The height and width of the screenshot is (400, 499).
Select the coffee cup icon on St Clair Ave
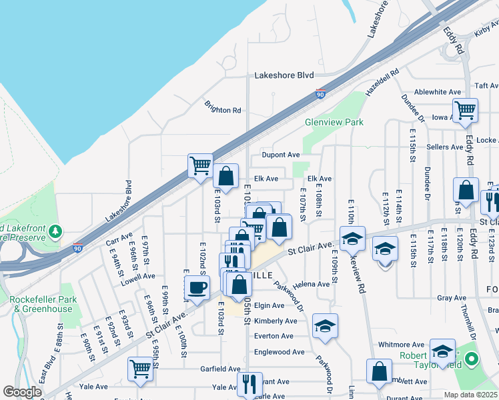click(197, 288)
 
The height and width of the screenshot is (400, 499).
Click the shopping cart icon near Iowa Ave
click(465, 110)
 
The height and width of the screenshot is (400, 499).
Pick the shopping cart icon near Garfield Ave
click(140, 369)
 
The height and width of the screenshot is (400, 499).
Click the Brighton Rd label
click(223, 110)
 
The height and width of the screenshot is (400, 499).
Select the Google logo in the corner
click(22, 392)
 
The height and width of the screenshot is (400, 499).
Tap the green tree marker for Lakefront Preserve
click(57, 231)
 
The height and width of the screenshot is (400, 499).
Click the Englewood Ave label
click(279, 352)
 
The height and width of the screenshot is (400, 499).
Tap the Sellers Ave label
click(445, 147)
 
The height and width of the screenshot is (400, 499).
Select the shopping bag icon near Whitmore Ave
click(379, 371)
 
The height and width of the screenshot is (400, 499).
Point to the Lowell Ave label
click(138, 275)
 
